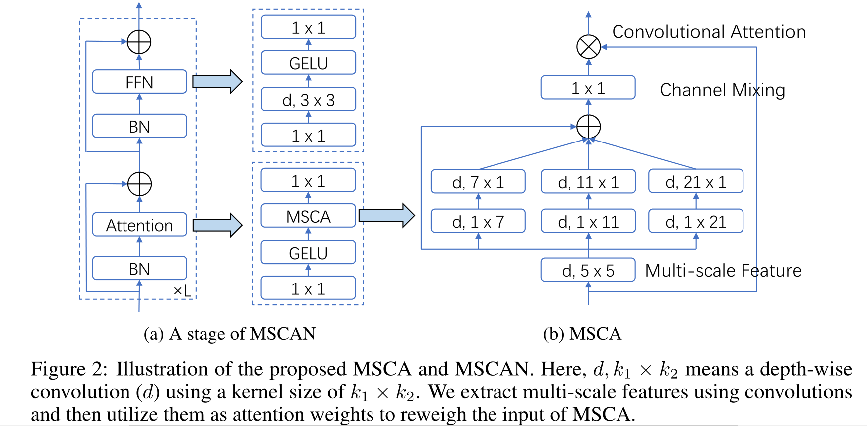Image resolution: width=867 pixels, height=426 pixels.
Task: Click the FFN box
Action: coord(139,82)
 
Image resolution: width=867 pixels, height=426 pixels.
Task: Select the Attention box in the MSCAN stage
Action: coord(139,225)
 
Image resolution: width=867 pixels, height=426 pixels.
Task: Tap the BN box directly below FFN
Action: coord(139,126)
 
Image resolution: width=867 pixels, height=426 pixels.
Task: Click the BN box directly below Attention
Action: coord(139,269)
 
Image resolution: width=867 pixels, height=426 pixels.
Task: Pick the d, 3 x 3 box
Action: coord(308,100)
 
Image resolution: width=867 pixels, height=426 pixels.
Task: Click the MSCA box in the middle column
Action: coord(308,216)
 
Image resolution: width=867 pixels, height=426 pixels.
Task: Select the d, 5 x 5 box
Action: coord(588,270)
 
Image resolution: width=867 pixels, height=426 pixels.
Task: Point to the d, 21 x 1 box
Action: coord(696,182)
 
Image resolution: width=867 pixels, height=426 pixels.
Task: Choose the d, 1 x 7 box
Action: coord(478,221)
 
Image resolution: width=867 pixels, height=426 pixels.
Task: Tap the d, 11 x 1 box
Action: coord(588,182)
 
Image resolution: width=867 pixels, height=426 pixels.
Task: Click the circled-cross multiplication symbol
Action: coord(588,47)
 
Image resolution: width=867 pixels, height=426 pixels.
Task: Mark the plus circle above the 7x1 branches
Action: coord(588,127)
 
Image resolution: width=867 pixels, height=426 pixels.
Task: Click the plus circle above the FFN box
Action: coord(139,42)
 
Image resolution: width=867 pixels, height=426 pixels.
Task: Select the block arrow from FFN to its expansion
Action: coord(217,82)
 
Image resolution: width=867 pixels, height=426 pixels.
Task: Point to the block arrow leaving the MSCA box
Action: coord(386,216)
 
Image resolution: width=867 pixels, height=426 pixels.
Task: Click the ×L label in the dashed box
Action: coord(182,291)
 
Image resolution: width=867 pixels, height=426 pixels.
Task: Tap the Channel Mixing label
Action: coord(722,90)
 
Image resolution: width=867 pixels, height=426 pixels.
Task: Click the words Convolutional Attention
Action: coord(709,32)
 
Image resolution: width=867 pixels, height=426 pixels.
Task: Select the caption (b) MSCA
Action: coord(582,333)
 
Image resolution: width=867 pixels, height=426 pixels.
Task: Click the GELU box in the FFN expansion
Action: coord(308,63)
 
